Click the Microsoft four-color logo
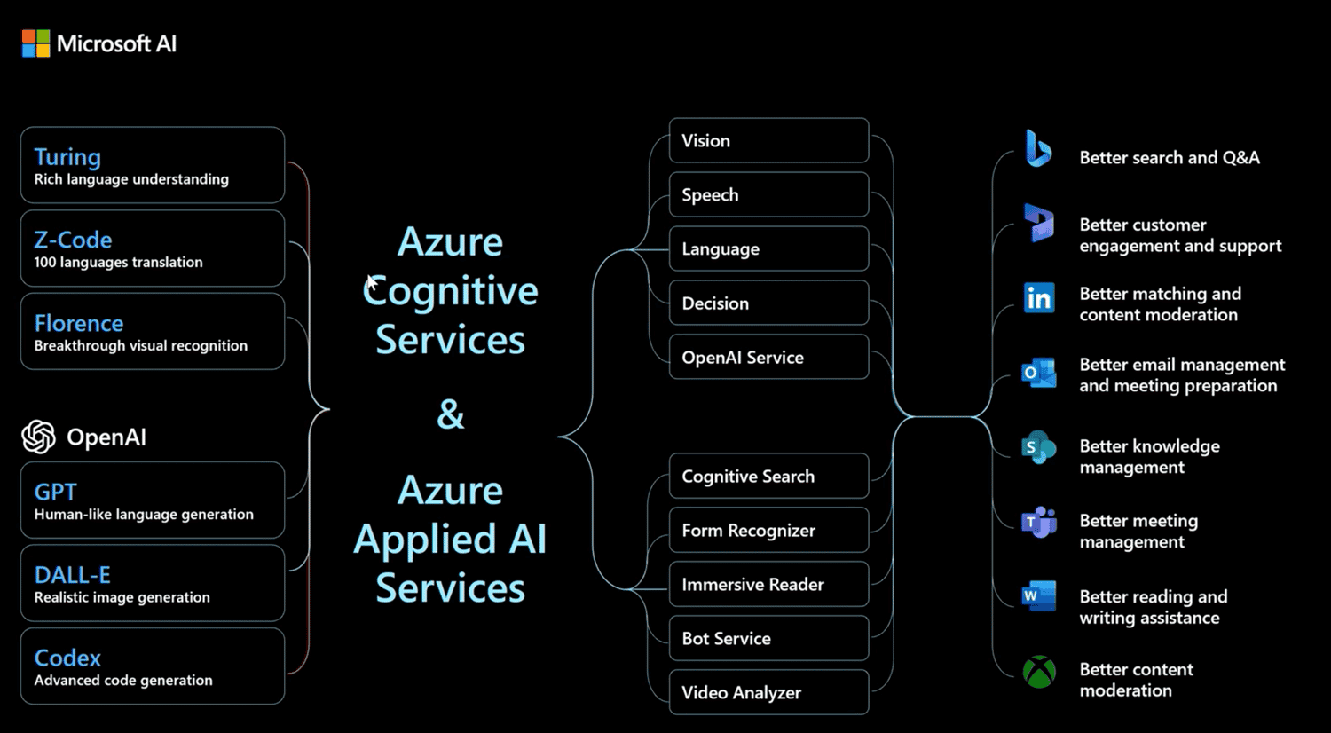[35, 43]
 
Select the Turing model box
[152, 166]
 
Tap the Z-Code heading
[73, 240]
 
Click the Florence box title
[79, 323]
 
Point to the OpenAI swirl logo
[38, 437]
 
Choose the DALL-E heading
[72, 574]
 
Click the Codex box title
[67, 658]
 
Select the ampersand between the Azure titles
[450, 414]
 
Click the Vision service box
[768, 141]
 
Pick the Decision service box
[768, 303]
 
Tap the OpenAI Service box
[768, 358]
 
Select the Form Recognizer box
[768, 531]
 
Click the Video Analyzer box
[768, 693]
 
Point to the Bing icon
[1038, 148]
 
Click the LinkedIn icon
[1038, 298]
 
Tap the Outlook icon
[1038, 374]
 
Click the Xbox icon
[1039, 673]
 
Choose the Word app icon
[1038, 596]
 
